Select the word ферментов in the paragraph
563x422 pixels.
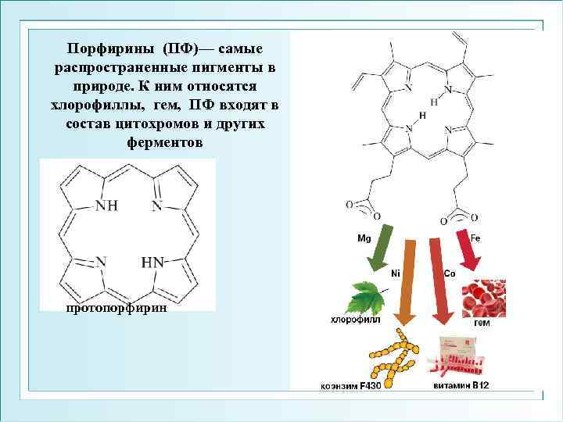tap(164, 143)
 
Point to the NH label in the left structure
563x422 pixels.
tap(106, 206)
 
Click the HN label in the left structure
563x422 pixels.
tap(152, 263)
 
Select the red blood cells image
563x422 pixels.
tap(489, 298)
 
